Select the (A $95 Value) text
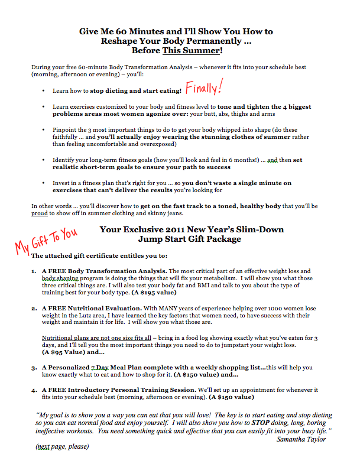tap(62, 352)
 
